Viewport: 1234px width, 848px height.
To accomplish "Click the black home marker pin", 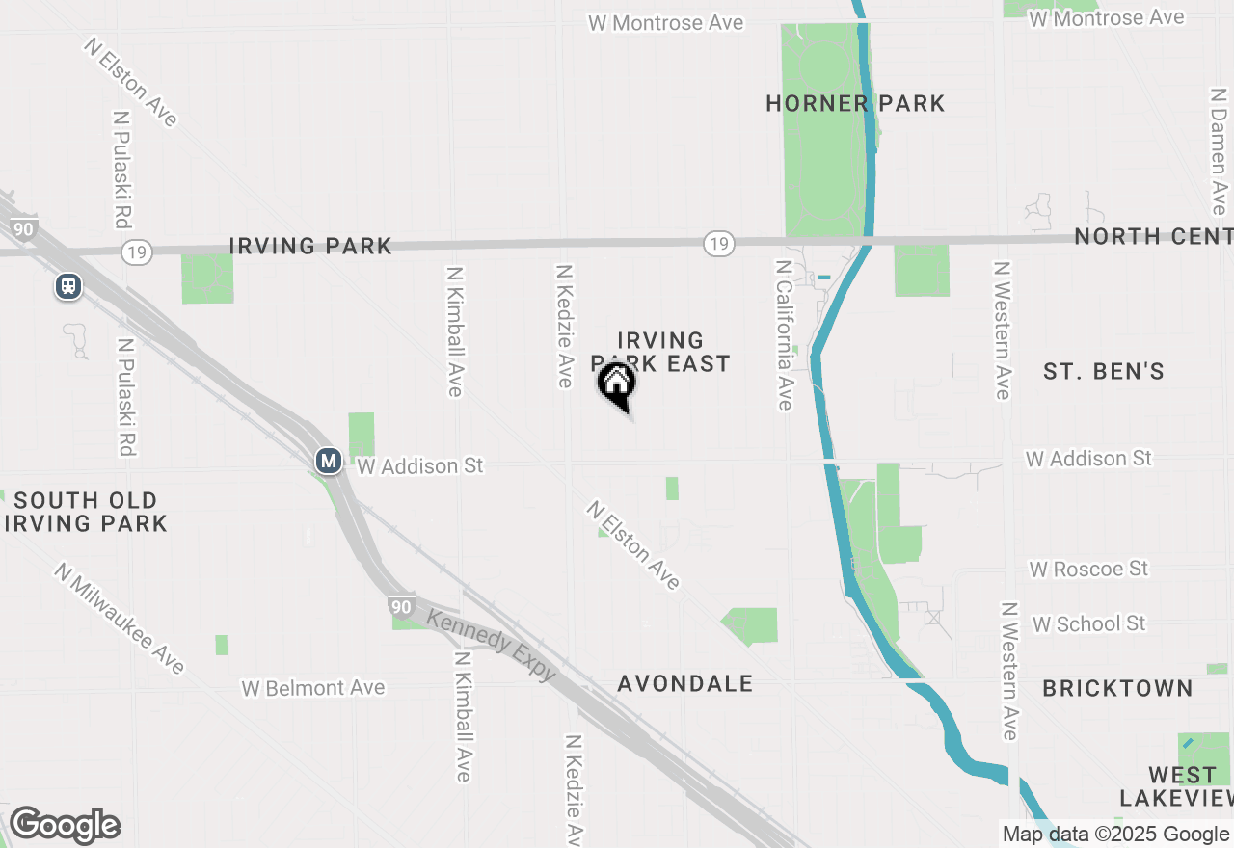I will [616, 385].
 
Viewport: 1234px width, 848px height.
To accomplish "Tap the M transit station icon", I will [329, 461].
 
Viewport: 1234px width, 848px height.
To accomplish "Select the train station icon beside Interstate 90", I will [68, 286].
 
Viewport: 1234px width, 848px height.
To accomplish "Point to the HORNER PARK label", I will [855, 103].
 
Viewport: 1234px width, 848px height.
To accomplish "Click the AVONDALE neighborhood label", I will [685, 683].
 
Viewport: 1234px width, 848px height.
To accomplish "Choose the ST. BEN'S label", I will [1104, 371].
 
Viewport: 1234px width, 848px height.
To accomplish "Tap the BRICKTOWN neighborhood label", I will [1117, 688].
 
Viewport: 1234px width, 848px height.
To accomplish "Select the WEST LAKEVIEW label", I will [1176, 786].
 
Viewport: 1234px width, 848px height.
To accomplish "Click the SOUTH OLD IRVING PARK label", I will [86, 512].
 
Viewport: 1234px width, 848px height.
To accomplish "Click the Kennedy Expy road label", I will [492, 646].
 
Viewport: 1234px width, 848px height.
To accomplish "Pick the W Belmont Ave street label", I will [313, 688].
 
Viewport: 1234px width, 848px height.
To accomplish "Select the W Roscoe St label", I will [1088, 569].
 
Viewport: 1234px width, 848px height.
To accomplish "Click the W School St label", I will [1088, 623].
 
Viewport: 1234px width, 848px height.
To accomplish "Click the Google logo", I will [65, 825].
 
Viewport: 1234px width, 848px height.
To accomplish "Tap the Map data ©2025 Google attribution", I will [1115, 835].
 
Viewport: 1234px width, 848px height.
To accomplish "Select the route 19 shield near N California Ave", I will [717, 243].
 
